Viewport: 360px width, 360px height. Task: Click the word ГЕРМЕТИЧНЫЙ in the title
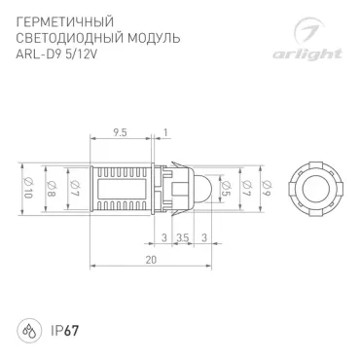[x=65, y=22]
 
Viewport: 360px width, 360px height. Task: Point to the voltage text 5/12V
[x=81, y=54]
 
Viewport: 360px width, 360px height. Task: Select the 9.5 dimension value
[x=120, y=132]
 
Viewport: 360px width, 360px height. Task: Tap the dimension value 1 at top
[x=165, y=132]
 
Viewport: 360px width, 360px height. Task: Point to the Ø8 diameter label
[x=52, y=189]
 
